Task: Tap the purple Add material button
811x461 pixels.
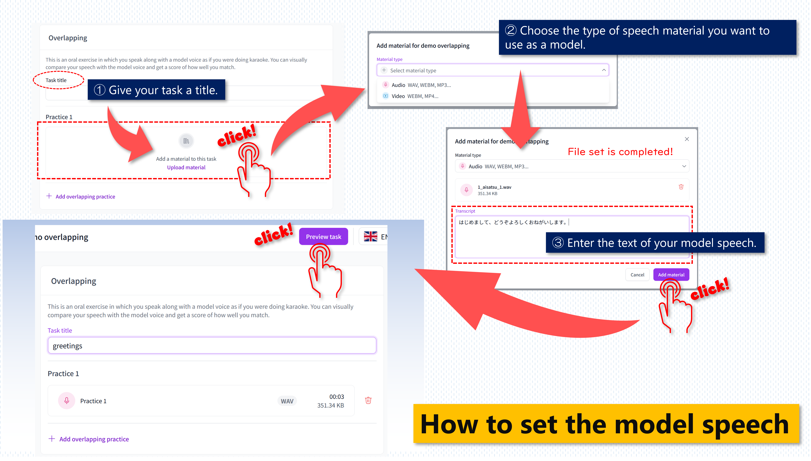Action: click(671, 274)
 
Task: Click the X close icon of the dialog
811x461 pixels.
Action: click(687, 139)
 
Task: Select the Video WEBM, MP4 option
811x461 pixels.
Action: click(414, 96)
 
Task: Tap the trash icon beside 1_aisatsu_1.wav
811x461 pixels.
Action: click(681, 187)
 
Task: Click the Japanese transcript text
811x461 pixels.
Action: click(512, 222)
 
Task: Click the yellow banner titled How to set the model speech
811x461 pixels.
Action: click(606, 424)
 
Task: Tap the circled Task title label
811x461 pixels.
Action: click(56, 80)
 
